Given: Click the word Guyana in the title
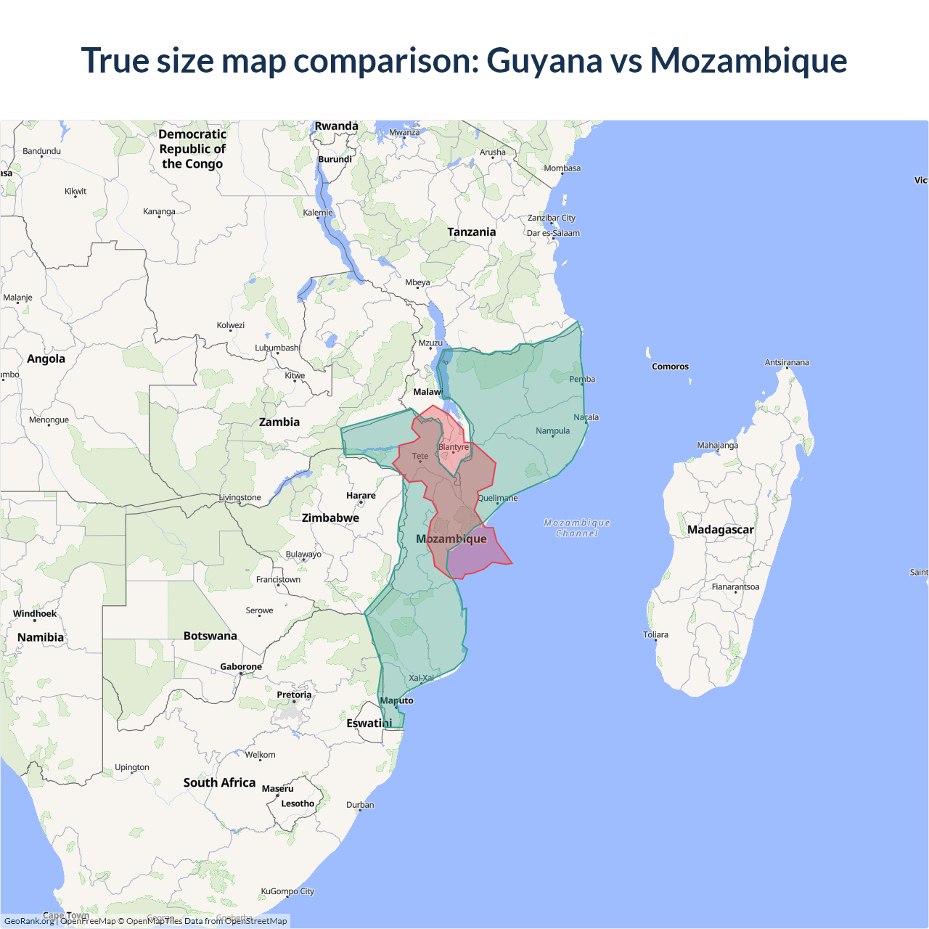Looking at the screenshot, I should [544, 60].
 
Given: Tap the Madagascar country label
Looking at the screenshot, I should [720, 530].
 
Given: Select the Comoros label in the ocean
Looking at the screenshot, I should [670, 367].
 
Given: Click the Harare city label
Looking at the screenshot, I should [361, 496].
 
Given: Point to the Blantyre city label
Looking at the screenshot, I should [454, 447].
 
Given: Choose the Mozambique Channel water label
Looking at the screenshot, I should [577, 528].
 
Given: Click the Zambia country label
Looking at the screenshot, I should [279, 422].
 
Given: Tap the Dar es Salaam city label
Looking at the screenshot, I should [553, 233].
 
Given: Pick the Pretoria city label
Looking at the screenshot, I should [294, 695].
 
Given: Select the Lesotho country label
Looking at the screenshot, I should [298, 803].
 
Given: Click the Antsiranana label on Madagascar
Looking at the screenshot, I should [787, 362].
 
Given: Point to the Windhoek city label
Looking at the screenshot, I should [35, 614].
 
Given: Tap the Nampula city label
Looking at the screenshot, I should [552, 431].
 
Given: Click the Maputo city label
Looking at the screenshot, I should [397, 700].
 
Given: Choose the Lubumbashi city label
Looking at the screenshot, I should [277, 348].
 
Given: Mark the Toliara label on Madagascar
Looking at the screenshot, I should [655, 634].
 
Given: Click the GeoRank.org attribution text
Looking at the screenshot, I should [29, 921].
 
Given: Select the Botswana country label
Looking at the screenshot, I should [210, 636].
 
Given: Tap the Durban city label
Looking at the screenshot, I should [360, 805].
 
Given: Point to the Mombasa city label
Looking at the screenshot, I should [562, 168].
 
